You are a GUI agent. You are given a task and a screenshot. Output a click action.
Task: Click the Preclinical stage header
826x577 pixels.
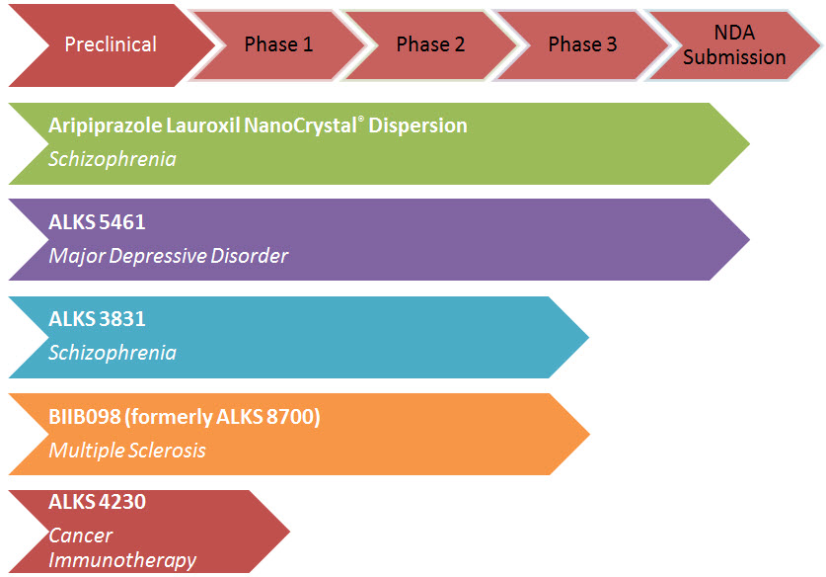(112, 45)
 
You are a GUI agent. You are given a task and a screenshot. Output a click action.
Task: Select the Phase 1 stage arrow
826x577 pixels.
(278, 45)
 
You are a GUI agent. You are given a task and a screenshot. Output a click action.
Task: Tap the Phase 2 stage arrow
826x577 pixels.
(430, 45)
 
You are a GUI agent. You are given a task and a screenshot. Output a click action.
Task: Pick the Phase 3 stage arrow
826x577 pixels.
(582, 45)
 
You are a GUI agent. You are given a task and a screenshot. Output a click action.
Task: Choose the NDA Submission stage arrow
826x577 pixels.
(734, 45)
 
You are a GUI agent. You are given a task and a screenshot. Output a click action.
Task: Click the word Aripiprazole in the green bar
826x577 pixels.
(105, 126)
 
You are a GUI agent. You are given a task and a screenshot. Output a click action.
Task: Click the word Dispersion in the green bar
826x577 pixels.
(417, 125)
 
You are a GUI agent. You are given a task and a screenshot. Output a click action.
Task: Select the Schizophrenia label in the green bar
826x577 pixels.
(113, 159)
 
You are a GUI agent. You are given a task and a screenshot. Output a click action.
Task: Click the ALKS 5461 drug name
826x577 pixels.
(97, 222)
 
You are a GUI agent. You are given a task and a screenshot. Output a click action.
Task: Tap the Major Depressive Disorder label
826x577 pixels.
(168, 256)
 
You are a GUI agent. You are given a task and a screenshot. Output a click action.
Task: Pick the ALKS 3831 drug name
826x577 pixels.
(97, 319)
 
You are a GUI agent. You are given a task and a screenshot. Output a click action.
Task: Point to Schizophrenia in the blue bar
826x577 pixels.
(113, 353)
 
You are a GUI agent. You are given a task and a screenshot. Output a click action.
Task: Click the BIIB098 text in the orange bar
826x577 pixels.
(84, 417)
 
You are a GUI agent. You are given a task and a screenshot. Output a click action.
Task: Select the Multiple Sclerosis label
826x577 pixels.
(127, 451)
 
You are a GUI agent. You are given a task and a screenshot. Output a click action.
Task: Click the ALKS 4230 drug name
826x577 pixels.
(97, 502)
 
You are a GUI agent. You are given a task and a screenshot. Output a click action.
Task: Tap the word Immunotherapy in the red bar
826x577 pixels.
(122, 560)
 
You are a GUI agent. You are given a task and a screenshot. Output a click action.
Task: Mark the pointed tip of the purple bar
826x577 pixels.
(749, 239)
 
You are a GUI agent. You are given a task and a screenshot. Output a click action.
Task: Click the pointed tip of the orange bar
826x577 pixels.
(589, 434)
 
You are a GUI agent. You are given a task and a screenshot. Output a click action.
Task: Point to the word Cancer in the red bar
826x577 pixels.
(81, 536)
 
